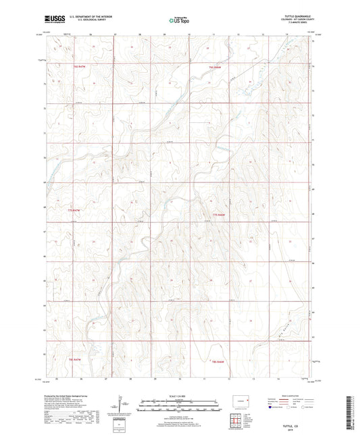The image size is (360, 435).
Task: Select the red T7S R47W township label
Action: (59, 211)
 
